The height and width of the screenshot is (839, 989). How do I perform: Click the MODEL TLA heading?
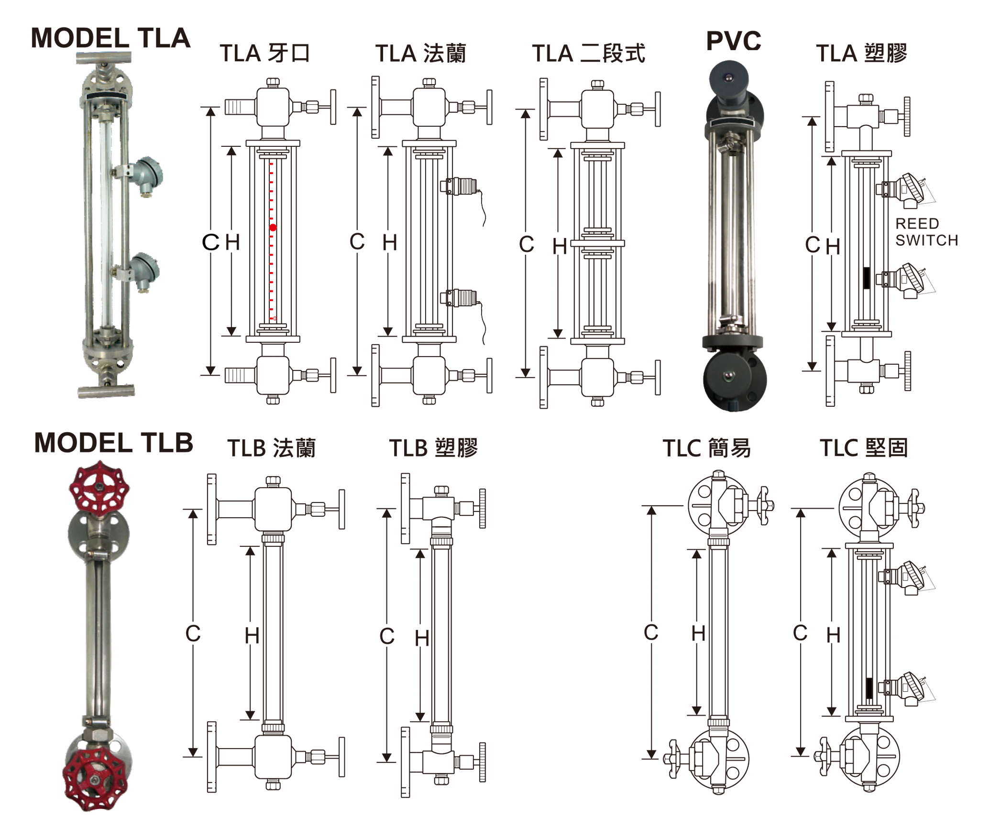(110, 38)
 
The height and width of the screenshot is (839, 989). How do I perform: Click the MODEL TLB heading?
(114, 442)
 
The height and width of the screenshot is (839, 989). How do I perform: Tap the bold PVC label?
(734, 41)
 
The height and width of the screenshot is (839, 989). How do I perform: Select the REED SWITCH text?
(927, 232)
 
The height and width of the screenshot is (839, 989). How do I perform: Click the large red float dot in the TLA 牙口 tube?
(273, 228)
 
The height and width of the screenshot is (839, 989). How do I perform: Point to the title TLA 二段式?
(589, 53)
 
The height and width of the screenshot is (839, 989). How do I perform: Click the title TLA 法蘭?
(421, 53)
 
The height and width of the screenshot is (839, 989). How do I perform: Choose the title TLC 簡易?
(707, 448)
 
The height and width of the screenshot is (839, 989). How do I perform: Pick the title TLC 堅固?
(864, 448)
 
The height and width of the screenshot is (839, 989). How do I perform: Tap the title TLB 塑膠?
(434, 448)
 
